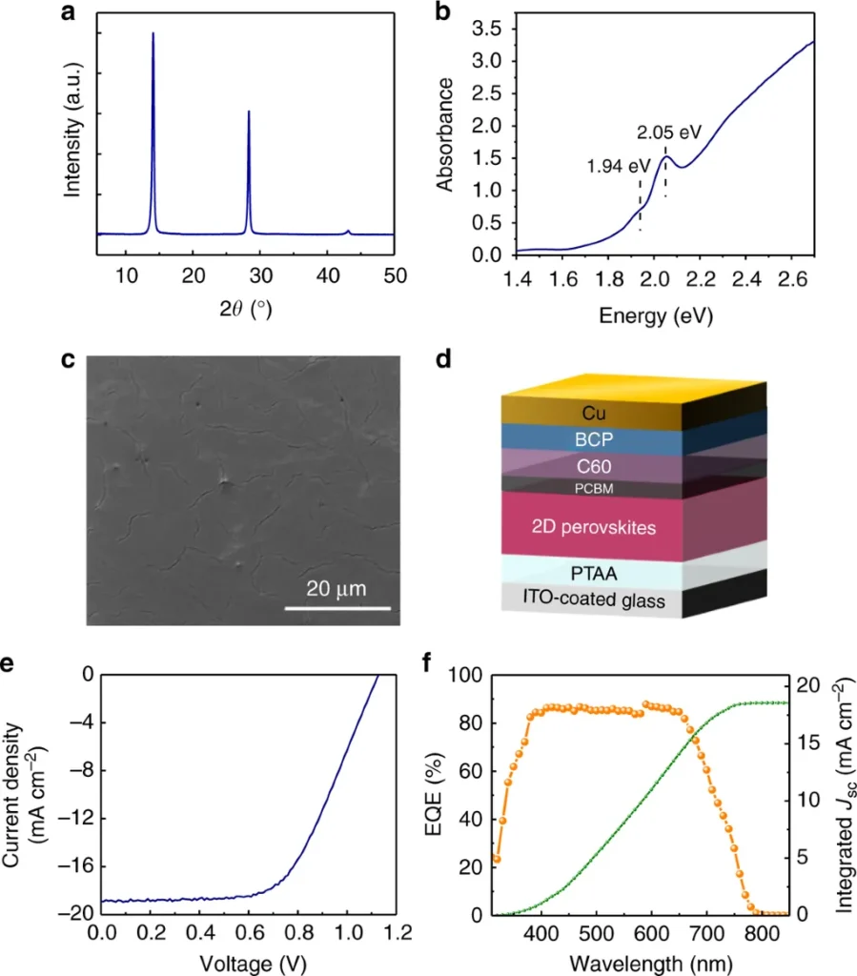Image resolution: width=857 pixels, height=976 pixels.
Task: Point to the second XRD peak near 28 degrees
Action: coord(249,114)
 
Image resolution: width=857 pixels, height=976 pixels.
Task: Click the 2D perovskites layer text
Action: coord(592,527)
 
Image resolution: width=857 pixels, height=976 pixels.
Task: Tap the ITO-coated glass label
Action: coord(592,600)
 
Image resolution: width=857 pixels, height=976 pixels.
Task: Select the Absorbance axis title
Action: coord(445,136)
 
